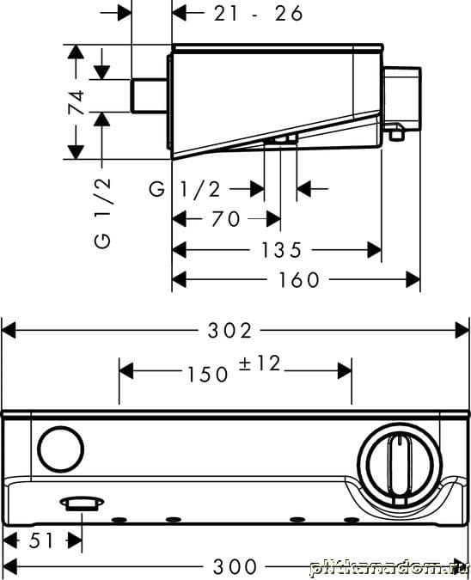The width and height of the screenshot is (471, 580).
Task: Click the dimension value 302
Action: point(229,330)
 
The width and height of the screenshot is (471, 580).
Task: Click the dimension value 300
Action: point(235,566)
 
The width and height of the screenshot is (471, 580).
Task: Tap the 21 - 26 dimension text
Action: point(258,14)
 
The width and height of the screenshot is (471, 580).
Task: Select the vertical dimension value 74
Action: point(76,101)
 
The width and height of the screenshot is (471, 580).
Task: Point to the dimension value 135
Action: point(282,250)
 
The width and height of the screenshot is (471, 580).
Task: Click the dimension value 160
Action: point(298,279)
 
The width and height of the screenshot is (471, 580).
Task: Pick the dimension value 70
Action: point(226,219)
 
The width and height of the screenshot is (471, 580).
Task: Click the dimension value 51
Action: point(41,541)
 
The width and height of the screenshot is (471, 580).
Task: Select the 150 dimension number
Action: point(207,374)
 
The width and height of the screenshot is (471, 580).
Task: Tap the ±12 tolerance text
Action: point(260,363)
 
